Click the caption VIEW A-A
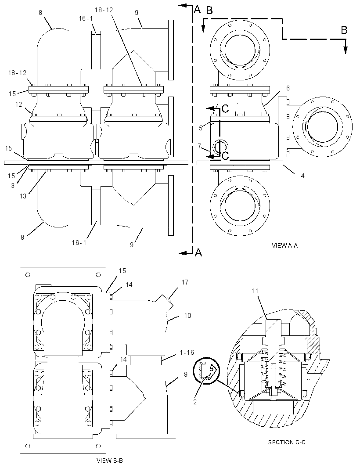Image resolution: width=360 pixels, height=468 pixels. click(x=284, y=245)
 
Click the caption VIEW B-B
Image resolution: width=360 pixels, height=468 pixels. click(x=110, y=460)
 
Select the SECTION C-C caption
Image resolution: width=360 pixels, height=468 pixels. click(x=286, y=442)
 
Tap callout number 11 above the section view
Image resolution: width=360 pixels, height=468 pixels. click(x=255, y=291)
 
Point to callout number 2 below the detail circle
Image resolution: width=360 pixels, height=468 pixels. click(x=195, y=402)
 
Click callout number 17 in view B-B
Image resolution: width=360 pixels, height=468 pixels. click(x=185, y=282)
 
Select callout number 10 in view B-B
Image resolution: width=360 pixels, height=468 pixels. click(x=187, y=315)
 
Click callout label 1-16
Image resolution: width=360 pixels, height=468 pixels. click(x=187, y=353)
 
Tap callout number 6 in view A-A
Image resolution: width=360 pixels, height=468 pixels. click(x=288, y=88)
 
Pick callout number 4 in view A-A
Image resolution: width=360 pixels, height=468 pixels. click(x=302, y=176)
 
